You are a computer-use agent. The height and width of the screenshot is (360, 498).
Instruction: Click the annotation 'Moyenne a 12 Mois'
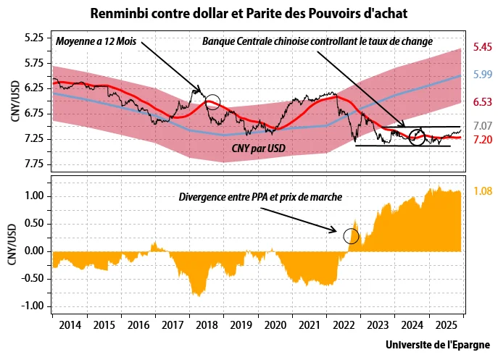tap(96, 41)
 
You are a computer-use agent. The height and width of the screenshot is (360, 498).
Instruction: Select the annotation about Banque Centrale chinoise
tap(318, 41)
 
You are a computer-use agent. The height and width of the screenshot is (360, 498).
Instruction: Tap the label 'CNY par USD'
tap(258, 147)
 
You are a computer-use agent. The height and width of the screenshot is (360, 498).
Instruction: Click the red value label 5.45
tap(483, 47)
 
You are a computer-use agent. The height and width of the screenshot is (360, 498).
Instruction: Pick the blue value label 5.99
tap(483, 75)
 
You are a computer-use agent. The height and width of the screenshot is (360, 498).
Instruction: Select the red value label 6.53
tap(483, 101)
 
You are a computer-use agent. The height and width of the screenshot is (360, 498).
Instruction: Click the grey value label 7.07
tap(483, 126)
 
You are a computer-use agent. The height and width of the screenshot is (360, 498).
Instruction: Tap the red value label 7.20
tap(483, 138)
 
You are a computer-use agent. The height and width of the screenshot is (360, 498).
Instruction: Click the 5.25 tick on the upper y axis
tap(34, 38)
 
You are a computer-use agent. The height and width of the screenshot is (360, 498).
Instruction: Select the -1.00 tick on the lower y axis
tap(33, 306)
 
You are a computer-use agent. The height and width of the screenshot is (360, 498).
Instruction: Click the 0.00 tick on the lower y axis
tap(35, 251)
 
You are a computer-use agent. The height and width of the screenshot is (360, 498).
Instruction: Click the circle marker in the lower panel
tap(351, 235)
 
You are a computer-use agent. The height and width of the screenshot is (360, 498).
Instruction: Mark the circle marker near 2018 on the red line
tap(212, 102)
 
